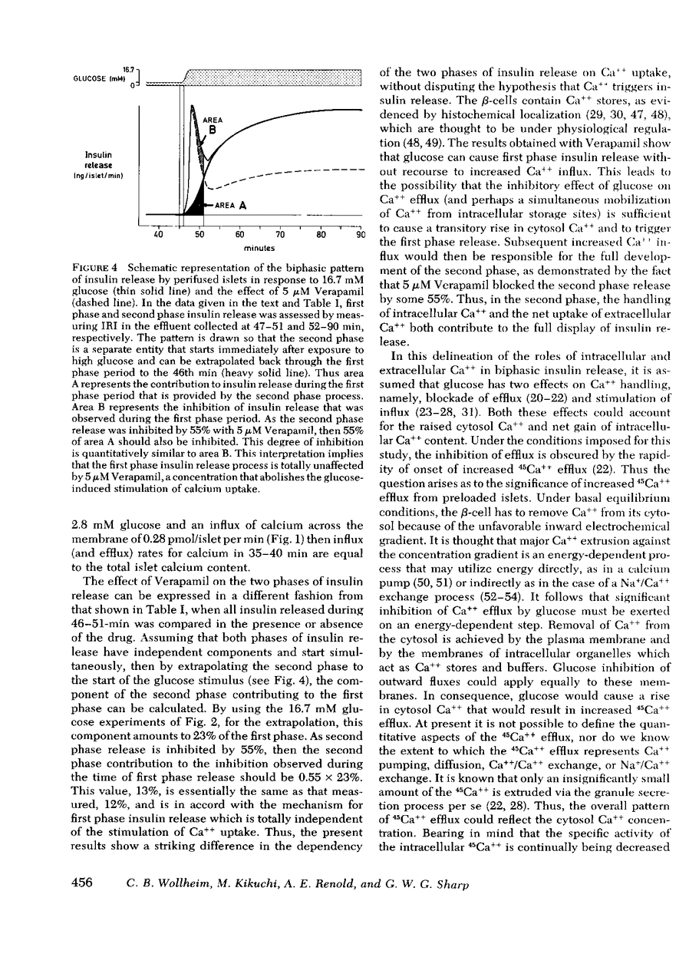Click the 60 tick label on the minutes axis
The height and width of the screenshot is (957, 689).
point(239,236)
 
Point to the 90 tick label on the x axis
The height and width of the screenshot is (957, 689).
point(361,236)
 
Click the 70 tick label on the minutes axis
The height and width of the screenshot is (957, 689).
point(280,236)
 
